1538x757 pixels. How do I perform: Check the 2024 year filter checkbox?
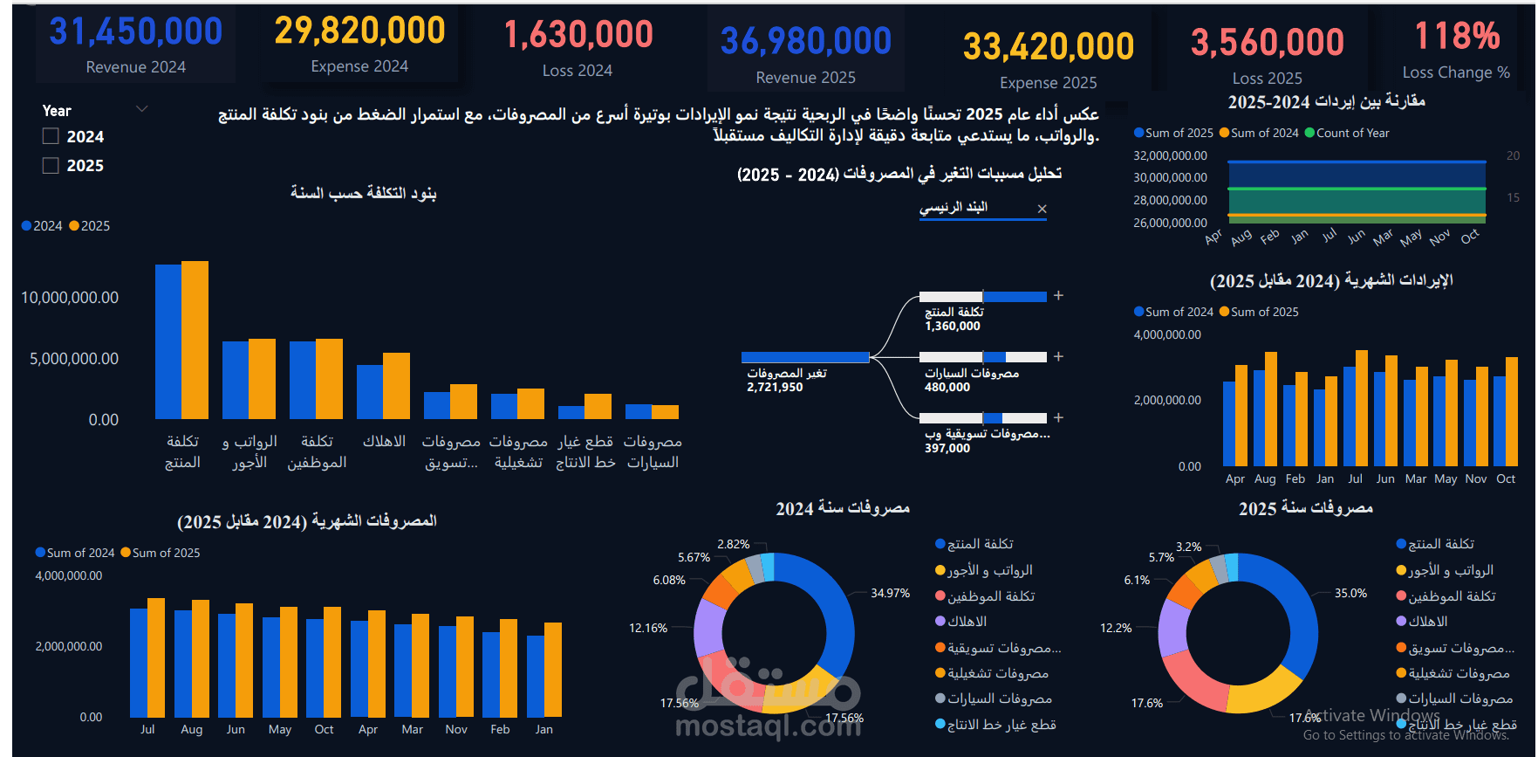[51, 136]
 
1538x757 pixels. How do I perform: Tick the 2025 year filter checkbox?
[51, 165]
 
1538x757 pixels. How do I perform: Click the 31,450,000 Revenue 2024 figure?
[136, 32]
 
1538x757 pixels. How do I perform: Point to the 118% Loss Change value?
[1457, 37]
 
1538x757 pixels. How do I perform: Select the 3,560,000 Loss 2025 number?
[1267, 42]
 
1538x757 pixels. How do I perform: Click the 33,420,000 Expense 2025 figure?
[1048, 46]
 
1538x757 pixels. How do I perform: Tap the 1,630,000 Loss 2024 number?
[578, 35]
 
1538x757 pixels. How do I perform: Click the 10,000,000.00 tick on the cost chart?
[70, 298]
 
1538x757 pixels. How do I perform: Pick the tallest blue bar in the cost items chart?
[168, 341]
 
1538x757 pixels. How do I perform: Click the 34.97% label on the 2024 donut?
[890, 593]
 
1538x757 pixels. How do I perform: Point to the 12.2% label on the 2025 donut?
[1116, 628]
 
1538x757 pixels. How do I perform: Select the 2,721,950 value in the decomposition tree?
[775, 387]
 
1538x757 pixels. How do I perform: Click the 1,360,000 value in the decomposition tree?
[953, 326]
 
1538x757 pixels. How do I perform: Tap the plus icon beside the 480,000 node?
[1058, 356]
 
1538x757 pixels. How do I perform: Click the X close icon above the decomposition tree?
[1042, 209]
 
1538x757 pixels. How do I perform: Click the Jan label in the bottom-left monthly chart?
[543, 729]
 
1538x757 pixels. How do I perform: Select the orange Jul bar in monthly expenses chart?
[156, 657]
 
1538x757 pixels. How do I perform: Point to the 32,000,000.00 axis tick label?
[1170, 155]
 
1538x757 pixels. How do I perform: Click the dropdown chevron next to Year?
[141, 109]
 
